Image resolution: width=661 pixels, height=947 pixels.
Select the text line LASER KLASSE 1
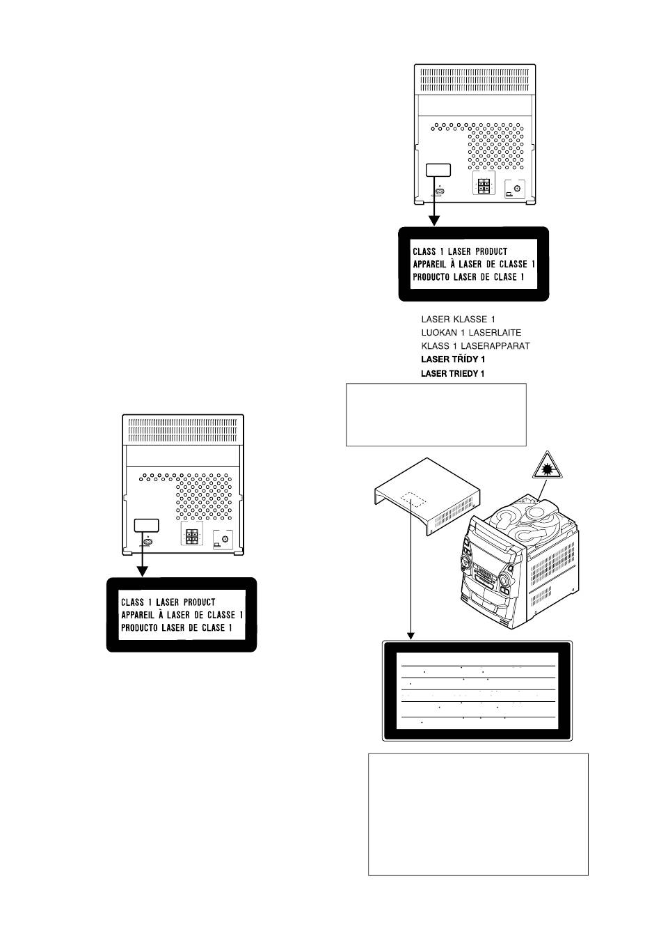pyautogui.click(x=458, y=320)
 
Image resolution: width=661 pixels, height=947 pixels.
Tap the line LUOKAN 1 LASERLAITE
pyautogui.click(x=471, y=333)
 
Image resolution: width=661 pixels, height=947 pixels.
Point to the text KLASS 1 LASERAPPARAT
pyautogui.click(x=475, y=346)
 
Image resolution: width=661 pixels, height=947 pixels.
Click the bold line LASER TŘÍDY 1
pyautogui.click(x=453, y=359)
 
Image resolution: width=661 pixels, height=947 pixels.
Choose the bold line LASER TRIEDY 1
pyautogui.click(x=453, y=374)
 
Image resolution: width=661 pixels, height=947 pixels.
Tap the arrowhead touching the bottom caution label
pyautogui.click(x=411, y=635)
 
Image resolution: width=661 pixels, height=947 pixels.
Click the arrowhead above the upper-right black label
pyautogui.click(x=434, y=220)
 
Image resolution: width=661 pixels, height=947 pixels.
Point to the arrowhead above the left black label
pyautogui.click(x=142, y=571)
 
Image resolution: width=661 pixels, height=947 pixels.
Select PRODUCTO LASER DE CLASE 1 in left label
pyautogui.click(x=176, y=628)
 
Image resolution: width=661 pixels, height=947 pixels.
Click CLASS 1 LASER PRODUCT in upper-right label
pyautogui.click(x=460, y=251)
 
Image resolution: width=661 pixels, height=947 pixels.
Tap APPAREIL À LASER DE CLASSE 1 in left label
pyautogui.click(x=182, y=616)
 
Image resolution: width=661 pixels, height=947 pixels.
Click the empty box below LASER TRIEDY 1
pyautogui.click(x=436, y=414)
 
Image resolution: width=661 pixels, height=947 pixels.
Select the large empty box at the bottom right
pyautogui.click(x=478, y=813)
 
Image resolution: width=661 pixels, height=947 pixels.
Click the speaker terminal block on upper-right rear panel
pyautogui.click(x=484, y=186)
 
